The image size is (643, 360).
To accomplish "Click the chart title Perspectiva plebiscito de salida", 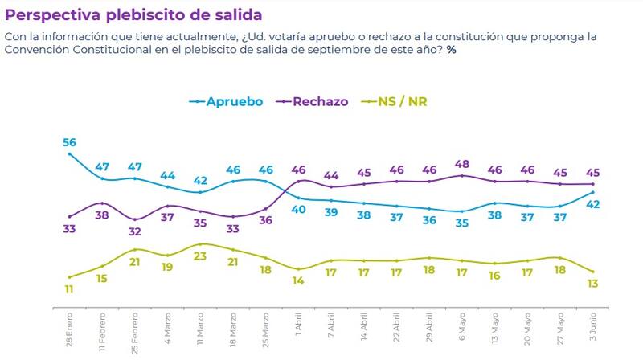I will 133,15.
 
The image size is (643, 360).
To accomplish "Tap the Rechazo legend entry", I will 320,102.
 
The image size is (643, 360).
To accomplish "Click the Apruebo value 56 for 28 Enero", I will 69,141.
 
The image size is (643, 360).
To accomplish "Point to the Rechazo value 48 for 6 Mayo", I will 461,163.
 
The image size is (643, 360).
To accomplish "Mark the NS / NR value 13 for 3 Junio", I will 592,283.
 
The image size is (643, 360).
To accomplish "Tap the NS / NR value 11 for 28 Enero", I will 69,289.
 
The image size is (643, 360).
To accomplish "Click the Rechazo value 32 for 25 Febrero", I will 135,231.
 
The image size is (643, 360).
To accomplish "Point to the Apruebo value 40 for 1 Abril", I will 298,209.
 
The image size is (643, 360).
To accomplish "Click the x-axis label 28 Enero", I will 71,328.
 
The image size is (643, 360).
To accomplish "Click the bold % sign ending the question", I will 452,50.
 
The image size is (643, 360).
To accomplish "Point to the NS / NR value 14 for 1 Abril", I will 298,281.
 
